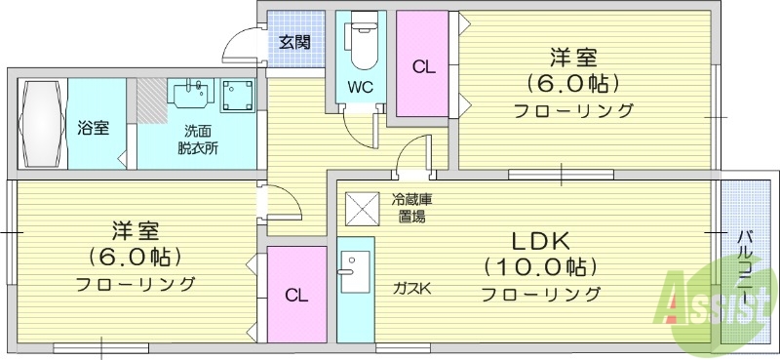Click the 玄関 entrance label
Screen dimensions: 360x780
(x=293, y=42)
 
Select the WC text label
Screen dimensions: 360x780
(x=360, y=86)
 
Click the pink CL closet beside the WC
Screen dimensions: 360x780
(x=422, y=65)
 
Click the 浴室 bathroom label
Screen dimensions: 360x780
(x=94, y=128)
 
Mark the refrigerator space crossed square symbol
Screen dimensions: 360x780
(x=359, y=208)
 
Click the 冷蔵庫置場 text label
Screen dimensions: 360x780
(x=411, y=208)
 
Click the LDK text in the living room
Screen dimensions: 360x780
(x=535, y=241)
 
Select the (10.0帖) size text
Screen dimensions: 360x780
(x=538, y=266)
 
